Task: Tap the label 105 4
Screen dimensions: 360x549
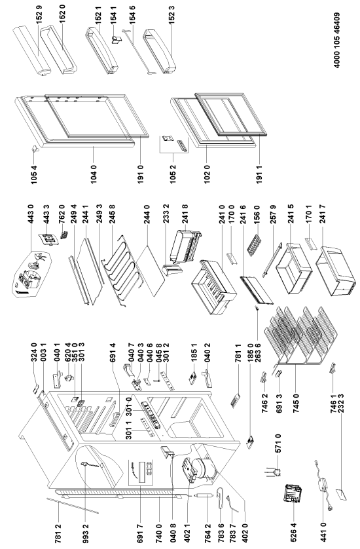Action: click(34, 174)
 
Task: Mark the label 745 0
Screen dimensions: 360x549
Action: click(296, 403)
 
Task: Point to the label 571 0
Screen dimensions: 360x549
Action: click(279, 444)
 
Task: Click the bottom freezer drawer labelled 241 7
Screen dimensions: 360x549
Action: click(332, 271)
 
